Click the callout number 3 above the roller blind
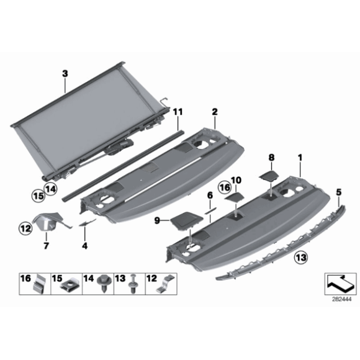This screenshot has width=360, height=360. tap(65, 73)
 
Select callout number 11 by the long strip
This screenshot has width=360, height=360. tap(178, 112)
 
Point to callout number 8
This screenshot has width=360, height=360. tap(271, 158)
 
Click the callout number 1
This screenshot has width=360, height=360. tap(300, 158)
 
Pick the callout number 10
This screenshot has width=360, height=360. tap(235, 180)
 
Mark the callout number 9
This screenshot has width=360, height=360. tap(158, 220)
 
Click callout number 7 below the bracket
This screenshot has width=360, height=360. tap(45, 246)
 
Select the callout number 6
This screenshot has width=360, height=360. tap(210, 195)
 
